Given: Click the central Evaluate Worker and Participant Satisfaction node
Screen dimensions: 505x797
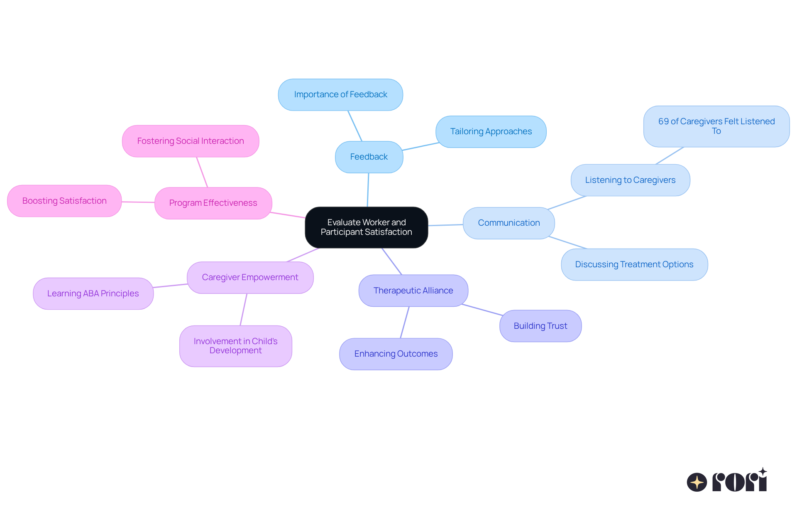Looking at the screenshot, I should click(x=366, y=227).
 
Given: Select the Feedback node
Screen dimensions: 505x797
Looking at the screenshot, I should click(x=369, y=157).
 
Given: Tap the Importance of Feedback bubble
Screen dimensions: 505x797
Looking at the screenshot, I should click(x=340, y=95).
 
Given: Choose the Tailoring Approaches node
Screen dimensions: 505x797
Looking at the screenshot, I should click(x=491, y=132).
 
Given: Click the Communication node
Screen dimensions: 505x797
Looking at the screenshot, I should click(x=509, y=223).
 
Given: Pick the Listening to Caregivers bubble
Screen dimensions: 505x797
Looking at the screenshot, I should click(x=630, y=180).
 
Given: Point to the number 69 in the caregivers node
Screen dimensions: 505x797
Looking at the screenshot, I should click(x=663, y=121).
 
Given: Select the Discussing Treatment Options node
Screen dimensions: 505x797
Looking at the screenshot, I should click(x=634, y=265).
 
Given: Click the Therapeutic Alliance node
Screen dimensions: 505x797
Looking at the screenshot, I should click(x=413, y=291).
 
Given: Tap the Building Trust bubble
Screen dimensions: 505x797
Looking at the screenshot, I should click(x=540, y=326).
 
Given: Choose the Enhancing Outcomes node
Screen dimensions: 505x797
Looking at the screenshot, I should click(x=396, y=354).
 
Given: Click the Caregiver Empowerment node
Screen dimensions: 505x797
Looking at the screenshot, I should click(x=250, y=278).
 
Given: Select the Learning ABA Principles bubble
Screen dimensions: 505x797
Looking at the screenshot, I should click(x=93, y=294).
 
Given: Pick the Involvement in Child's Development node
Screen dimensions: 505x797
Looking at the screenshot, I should click(x=235, y=346).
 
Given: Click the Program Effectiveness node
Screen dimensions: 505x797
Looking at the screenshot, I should click(x=213, y=203).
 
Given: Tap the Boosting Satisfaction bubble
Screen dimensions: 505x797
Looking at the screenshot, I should click(x=64, y=201).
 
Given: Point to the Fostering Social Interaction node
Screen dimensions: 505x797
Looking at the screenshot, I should click(x=191, y=141).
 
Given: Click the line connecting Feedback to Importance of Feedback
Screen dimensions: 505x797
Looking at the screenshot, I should click(x=355, y=126).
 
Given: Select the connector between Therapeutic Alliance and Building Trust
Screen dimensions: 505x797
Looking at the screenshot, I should click(x=482, y=310).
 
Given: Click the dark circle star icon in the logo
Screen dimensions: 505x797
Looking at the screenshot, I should click(x=697, y=482).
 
